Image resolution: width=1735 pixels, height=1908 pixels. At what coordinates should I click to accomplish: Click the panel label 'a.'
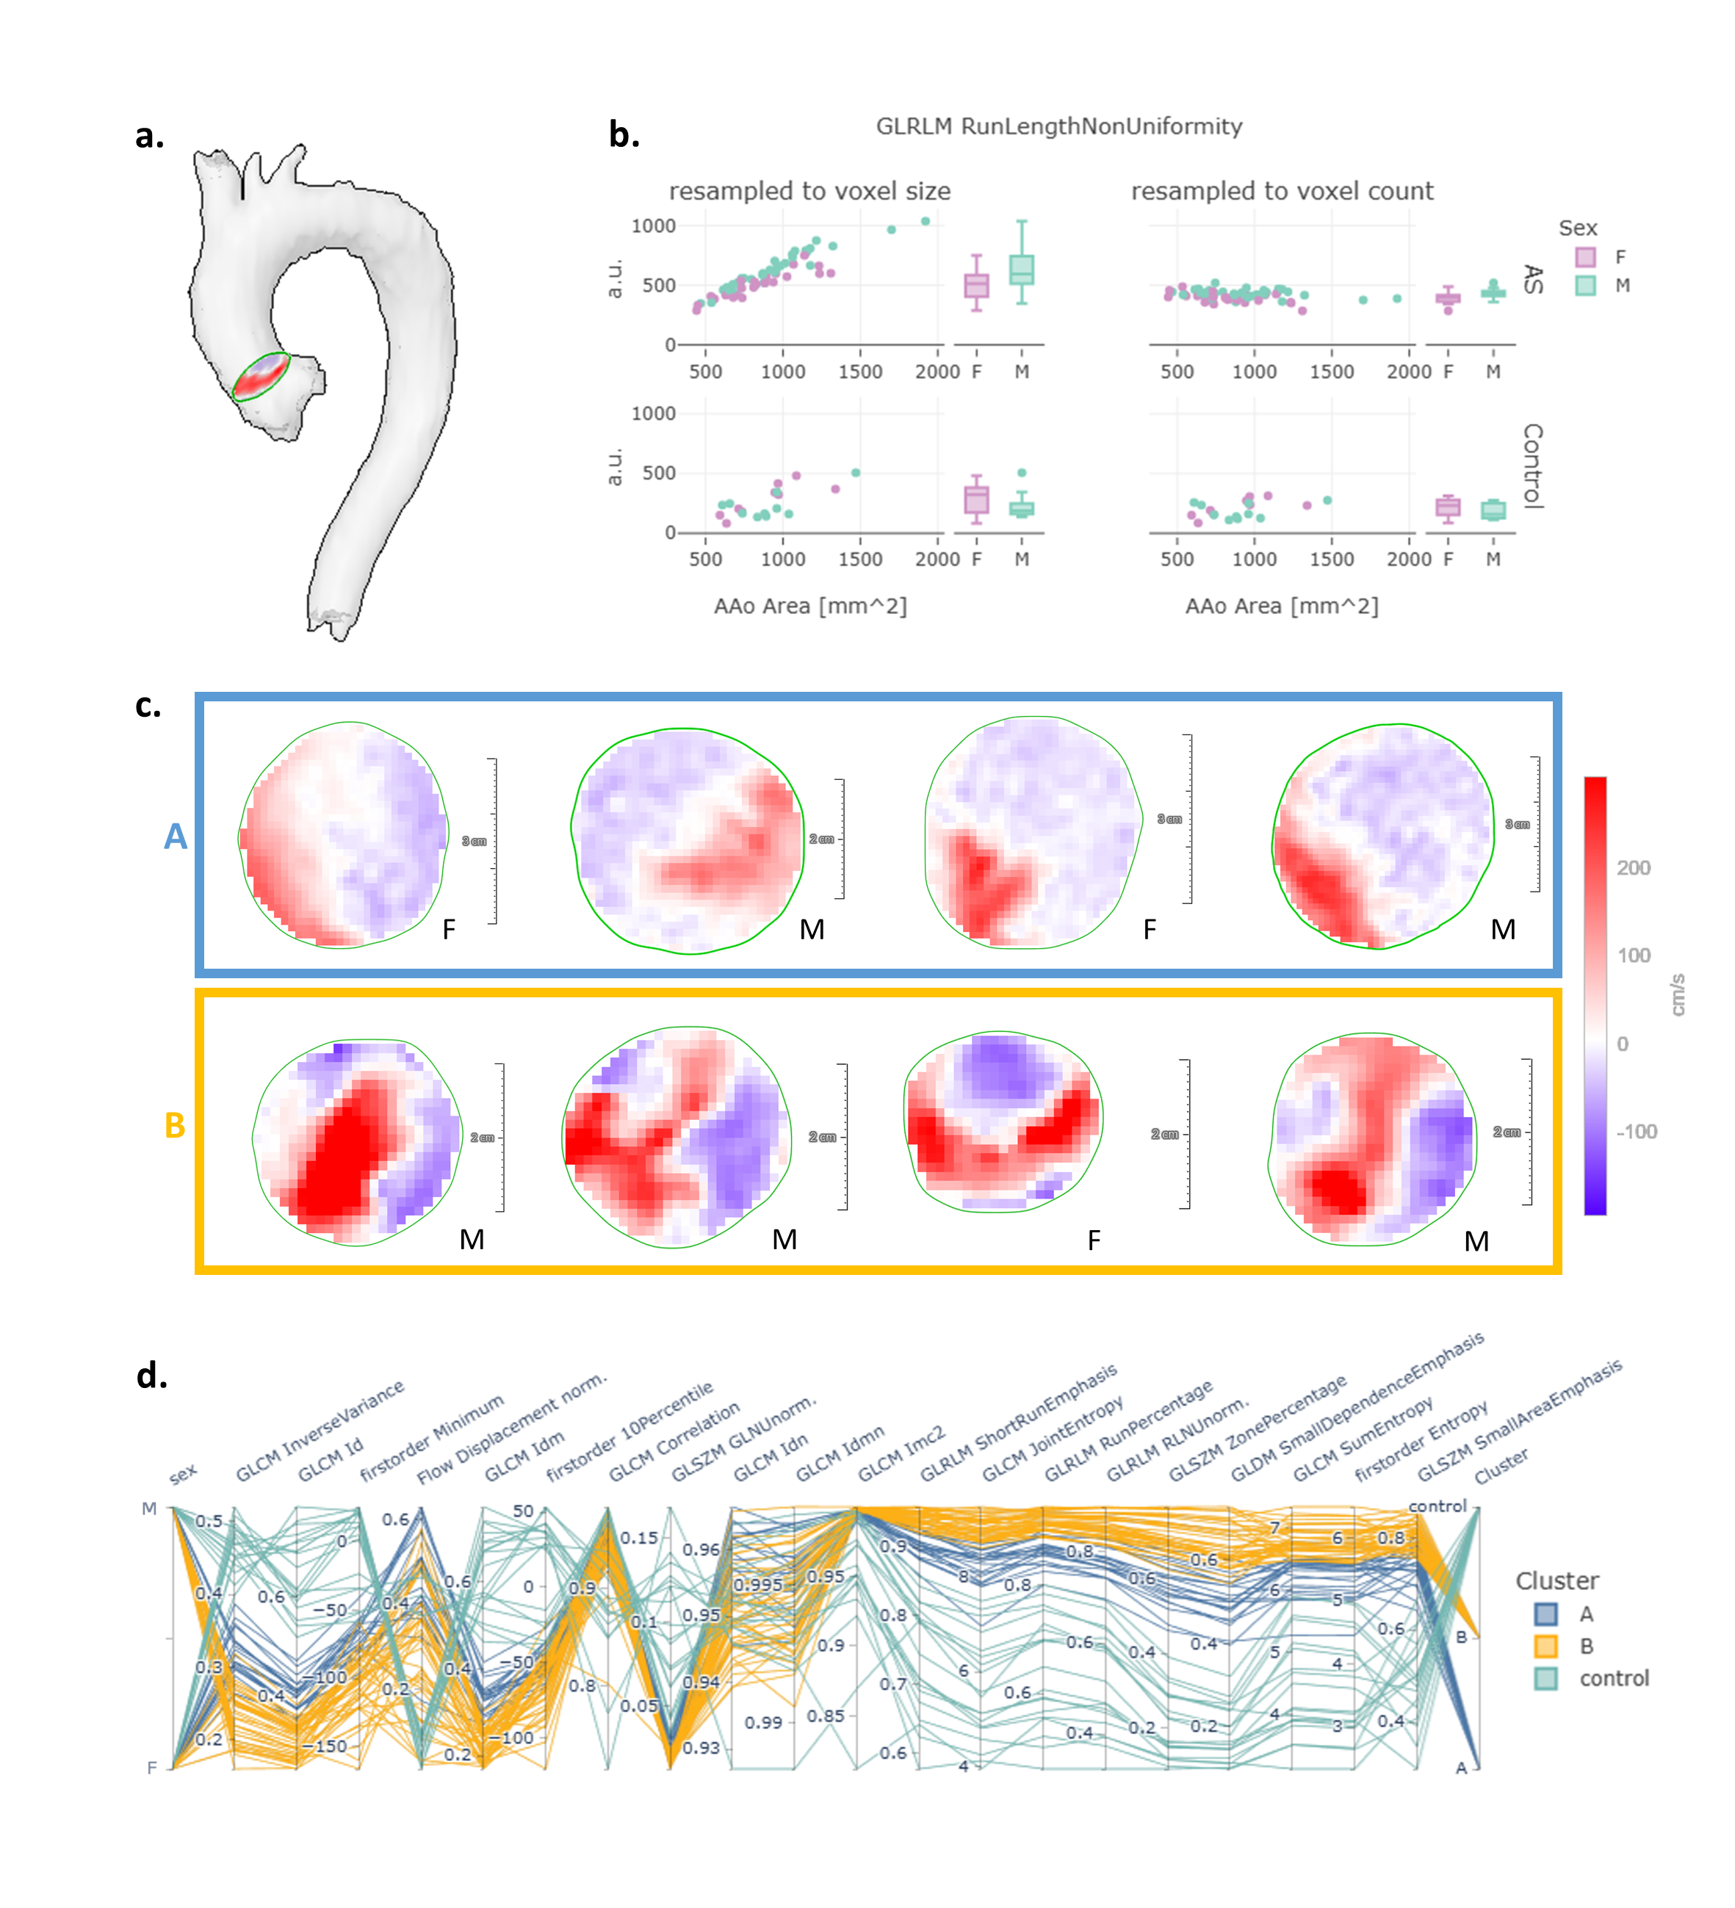pyautogui.click(x=150, y=137)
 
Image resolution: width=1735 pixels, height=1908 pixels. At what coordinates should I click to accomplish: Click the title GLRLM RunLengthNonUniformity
pyautogui.click(x=1058, y=127)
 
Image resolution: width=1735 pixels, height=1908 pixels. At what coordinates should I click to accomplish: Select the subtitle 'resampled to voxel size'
pyautogui.click(x=809, y=191)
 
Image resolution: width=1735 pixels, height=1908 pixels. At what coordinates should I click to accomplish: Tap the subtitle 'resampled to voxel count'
pyautogui.click(x=1282, y=191)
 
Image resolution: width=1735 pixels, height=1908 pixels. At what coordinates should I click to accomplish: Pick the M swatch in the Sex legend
pyautogui.click(x=1585, y=286)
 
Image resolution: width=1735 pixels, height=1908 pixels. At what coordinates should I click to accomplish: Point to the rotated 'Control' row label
pyautogui.click(x=1532, y=466)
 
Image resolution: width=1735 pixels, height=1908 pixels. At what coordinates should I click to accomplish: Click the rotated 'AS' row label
pyautogui.click(x=1532, y=280)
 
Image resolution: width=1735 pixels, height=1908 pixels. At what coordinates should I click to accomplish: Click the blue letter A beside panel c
pyautogui.click(x=175, y=836)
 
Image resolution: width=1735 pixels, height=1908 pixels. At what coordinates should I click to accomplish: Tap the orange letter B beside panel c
pyautogui.click(x=175, y=1125)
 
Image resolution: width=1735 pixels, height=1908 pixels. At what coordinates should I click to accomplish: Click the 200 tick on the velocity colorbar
pyautogui.click(x=1634, y=868)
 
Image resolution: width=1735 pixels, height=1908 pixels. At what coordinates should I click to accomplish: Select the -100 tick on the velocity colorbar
pyautogui.click(x=1637, y=1132)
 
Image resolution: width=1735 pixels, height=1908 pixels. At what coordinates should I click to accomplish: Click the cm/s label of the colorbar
pyautogui.click(x=1677, y=994)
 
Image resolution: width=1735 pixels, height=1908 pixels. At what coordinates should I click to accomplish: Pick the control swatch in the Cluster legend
pyautogui.click(x=1545, y=1679)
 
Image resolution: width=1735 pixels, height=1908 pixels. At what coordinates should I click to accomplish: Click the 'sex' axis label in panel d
pyautogui.click(x=183, y=1473)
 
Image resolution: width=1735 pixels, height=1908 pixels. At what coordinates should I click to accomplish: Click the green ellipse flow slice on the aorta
pyautogui.click(x=261, y=377)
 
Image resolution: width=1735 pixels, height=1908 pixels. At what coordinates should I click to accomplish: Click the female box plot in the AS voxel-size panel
pyautogui.click(x=976, y=284)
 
